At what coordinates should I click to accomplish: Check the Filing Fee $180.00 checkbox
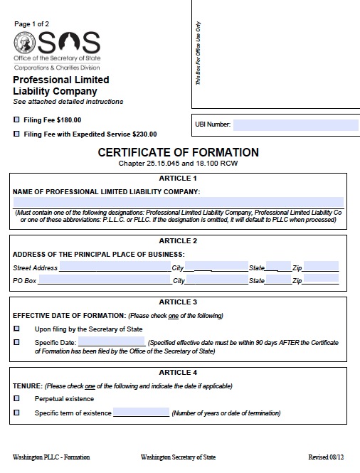point(16,119)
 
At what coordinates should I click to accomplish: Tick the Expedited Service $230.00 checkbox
point(16,134)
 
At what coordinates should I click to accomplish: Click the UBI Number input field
point(295,124)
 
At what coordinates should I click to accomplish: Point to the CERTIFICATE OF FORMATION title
point(178,152)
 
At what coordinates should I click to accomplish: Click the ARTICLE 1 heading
point(179,179)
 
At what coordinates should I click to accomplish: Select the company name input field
point(178,202)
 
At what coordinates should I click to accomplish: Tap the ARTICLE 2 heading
point(179,240)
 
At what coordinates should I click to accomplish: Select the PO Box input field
point(105,280)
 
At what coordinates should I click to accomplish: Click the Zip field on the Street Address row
point(322,267)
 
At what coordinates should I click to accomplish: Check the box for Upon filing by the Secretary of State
point(16,329)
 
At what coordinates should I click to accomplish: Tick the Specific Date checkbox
point(16,342)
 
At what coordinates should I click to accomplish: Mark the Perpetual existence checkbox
point(16,399)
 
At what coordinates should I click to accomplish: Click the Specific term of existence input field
point(141,413)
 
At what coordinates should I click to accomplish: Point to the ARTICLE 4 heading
point(179,373)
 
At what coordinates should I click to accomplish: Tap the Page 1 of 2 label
point(32,23)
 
